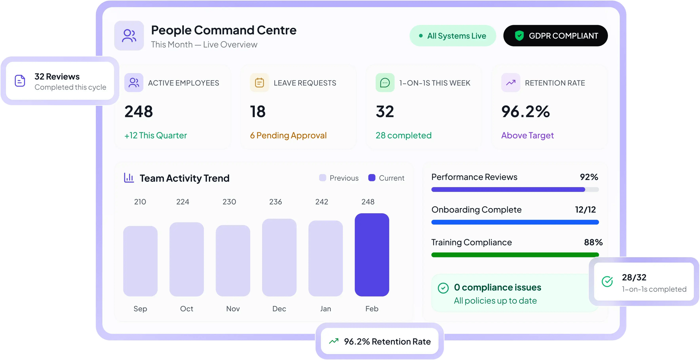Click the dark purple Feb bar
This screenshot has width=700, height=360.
coord(372,255)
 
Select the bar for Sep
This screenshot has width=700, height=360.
coord(140,261)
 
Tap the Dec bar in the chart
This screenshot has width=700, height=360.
coord(279,257)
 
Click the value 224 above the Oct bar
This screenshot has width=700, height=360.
coord(183,202)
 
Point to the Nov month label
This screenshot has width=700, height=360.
coord(233,309)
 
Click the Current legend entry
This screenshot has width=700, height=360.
coord(386,178)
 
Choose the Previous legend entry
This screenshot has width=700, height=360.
coord(339,178)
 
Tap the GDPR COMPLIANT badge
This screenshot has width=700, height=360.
coord(555,36)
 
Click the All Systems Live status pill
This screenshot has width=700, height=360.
coord(453,36)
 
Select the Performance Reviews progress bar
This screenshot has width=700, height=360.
coord(515,189)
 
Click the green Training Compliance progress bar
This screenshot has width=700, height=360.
coord(515,255)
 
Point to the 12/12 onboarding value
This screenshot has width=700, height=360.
coord(585,209)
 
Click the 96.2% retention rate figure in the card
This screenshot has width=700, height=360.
coord(525,112)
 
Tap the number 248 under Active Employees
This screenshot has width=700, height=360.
coord(139,112)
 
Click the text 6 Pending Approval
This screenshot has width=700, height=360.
coord(288,136)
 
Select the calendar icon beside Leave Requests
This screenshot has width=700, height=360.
coord(259,83)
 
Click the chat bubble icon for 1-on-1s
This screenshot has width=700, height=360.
coord(385,83)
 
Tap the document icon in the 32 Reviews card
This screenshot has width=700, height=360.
coord(20,81)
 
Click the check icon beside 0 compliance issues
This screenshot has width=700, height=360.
coord(443,288)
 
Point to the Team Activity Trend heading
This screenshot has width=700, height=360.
coord(184,178)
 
